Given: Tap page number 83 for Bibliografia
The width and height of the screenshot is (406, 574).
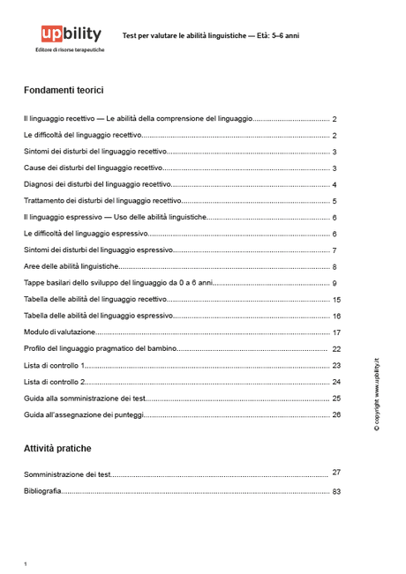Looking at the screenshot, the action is point(336,491).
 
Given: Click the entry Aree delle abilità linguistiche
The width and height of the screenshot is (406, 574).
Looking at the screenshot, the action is point(71,266).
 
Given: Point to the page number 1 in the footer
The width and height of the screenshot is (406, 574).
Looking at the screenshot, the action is point(26,563).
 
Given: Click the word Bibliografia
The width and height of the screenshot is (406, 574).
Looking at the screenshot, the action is point(42,491).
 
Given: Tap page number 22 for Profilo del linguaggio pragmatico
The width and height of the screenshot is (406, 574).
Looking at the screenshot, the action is point(336,349).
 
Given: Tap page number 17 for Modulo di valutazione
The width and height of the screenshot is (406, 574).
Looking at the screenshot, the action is point(336,332).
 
